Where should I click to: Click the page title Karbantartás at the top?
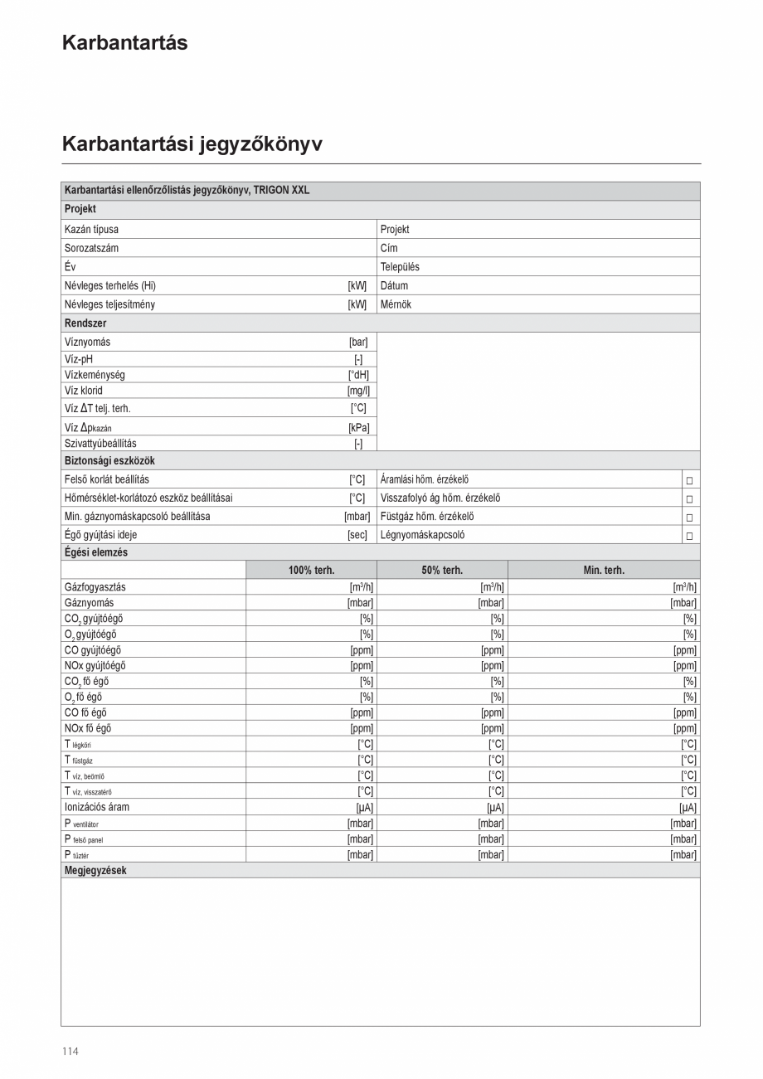(124, 43)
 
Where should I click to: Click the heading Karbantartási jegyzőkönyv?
(192, 144)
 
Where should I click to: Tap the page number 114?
(70, 1052)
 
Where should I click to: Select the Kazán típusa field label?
(91, 230)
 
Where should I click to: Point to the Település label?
(400, 267)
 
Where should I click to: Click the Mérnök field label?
(396, 304)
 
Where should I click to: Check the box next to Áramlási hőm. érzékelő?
(689, 480)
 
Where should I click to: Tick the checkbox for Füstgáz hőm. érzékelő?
(689, 518)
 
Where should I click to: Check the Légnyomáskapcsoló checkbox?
(689, 536)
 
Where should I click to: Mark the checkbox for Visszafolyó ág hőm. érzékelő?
(689, 499)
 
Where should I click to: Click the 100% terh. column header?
(311, 571)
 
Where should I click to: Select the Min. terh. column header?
(603, 571)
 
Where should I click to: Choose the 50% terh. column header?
(442, 571)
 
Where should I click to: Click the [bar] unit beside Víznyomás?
(357, 342)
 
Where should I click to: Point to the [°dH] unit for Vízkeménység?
(358, 375)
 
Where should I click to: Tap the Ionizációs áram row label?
(97, 807)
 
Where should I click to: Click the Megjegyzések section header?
(95, 871)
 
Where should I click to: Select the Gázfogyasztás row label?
(95, 587)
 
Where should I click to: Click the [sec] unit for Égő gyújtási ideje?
(357, 535)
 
